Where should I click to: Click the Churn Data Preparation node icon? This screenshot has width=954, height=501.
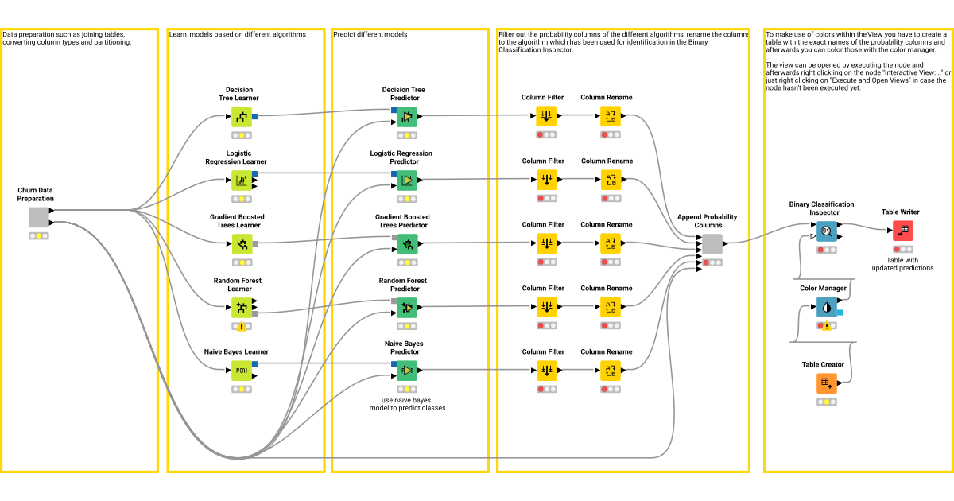pos(39,217)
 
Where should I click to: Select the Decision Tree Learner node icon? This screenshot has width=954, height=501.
pos(241,117)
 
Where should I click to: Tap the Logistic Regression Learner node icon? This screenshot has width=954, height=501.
pos(241,181)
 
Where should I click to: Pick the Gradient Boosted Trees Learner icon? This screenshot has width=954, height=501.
pos(241,244)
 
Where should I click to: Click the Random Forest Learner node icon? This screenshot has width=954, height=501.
pos(241,308)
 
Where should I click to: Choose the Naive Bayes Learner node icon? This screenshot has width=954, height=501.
pos(241,371)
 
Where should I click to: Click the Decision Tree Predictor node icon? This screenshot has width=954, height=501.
pos(407,117)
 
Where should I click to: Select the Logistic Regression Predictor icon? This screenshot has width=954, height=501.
pos(407,181)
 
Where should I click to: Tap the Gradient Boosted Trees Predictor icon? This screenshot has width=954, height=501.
pos(407,244)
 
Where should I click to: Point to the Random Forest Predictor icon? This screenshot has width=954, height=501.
pos(407,308)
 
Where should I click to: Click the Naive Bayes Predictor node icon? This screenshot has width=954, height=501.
pos(407,371)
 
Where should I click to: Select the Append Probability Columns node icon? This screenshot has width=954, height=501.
pos(712,244)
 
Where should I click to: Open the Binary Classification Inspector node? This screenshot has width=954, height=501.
pos(827,231)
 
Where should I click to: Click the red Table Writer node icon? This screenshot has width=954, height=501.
pos(902,231)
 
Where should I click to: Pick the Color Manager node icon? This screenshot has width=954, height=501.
pos(827,307)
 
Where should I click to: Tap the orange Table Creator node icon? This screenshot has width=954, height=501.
pos(827,383)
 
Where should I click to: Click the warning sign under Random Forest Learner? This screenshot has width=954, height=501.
pos(241,326)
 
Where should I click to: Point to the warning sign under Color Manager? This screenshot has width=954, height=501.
pos(827,325)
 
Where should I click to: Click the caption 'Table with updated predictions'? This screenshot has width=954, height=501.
pos(902,264)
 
